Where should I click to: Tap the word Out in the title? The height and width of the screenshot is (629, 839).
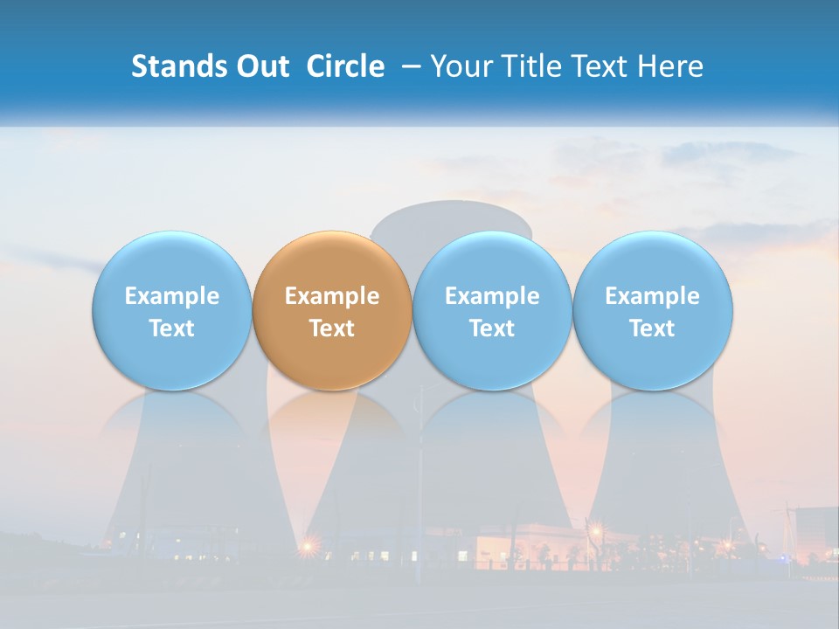point(260,66)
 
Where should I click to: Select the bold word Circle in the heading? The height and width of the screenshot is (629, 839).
point(345,66)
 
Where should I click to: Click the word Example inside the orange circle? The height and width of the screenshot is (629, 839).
point(332,296)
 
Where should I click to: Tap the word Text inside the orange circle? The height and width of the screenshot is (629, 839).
point(332,328)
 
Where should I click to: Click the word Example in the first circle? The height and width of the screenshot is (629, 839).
point(171,296)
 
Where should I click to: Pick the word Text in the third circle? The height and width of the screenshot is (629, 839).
point(492,328)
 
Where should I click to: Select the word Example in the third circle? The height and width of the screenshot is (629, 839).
point(492,296)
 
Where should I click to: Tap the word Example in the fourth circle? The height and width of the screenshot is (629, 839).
point(652,296)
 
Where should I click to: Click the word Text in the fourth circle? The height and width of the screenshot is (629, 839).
point(652,328)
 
